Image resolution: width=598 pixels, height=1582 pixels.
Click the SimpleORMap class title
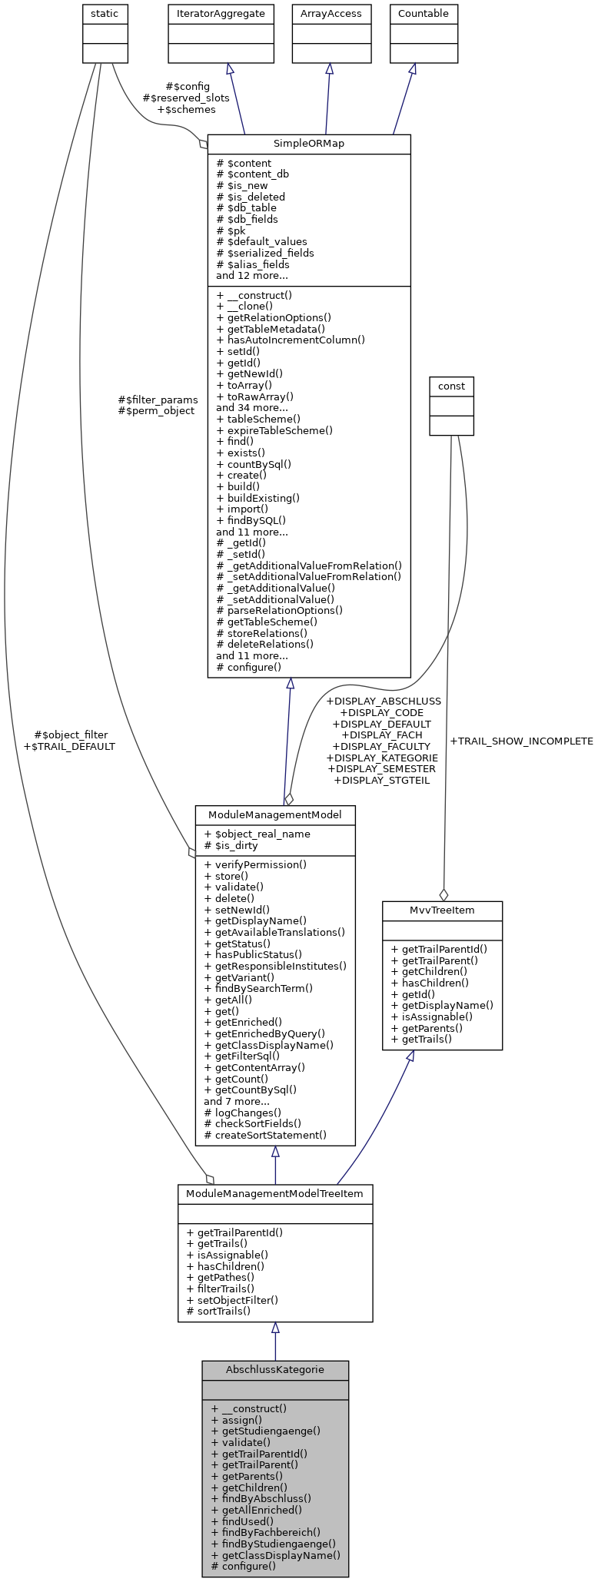tap(309, 144)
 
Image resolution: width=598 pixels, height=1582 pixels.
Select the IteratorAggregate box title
tap(221, 13)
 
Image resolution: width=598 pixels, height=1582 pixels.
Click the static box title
tap(105, 13)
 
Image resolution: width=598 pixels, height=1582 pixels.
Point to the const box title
tap(451, 386)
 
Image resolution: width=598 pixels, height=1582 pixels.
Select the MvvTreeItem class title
tap(442, 910)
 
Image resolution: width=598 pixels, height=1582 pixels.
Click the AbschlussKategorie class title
tap(275, 1369)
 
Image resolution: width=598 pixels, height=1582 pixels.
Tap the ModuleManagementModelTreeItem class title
tap(275, 1193)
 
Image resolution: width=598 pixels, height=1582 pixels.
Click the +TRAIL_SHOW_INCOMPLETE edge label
tap(521, 741)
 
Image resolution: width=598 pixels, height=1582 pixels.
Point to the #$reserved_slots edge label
tap(186, 98)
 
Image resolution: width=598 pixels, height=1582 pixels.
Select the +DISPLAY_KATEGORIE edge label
tap(382, 758)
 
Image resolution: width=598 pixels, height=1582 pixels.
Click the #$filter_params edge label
tap(158, 400)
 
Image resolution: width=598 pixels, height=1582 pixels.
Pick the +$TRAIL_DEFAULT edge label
tap(69, 746)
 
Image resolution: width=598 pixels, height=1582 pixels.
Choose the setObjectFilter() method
tap(232, 1300)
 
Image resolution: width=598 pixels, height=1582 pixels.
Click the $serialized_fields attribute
tap(264, 253)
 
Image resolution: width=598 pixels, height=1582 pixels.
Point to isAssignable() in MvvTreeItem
tap(431, 1017)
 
